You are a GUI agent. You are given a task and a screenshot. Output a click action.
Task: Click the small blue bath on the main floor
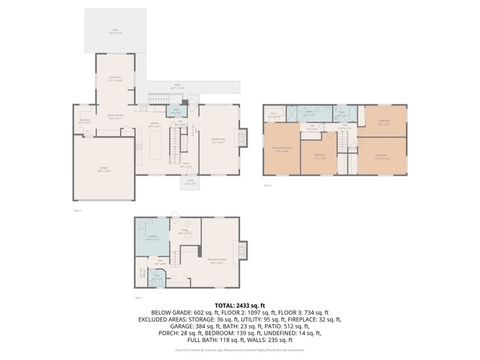click(x=177, y=111)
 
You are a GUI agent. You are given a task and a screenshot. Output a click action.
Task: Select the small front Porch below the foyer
click(x=191, y=182)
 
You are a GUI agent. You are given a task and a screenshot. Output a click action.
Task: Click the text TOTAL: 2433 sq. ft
click(x=240, y=304)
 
